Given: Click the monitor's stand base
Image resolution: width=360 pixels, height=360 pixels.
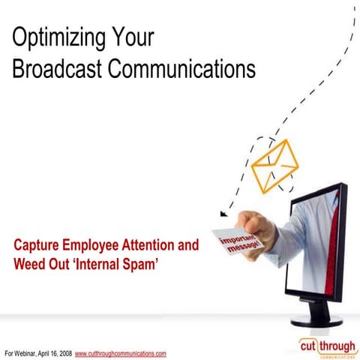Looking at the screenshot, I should click(316, 322).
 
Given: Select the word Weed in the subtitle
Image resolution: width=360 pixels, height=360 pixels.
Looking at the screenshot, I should click(31, 264).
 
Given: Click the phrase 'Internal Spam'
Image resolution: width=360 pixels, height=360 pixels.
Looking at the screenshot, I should click(123, 264).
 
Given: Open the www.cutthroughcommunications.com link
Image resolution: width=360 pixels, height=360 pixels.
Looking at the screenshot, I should click(120, 352).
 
